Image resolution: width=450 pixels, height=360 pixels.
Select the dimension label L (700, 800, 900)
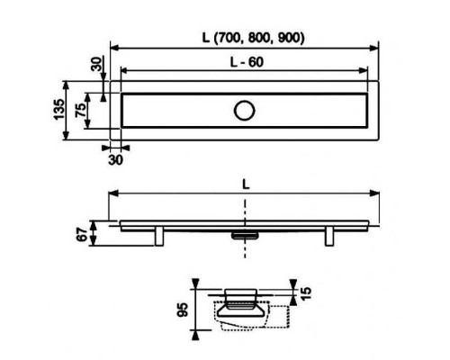pyautogui.click(x=253, y=38)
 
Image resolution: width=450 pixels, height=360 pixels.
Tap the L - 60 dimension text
pyautogui.click(x=247, y=62)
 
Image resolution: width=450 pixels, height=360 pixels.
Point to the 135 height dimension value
pyautogui.click(x=59, y=109)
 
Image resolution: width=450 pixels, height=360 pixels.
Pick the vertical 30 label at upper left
pyautogui.click(x=96, y=64)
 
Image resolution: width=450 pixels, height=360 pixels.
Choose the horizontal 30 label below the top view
pyautogui.click(x=115, y=160)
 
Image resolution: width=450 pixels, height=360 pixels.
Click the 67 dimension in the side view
pyautogui.click(x=82, y=234)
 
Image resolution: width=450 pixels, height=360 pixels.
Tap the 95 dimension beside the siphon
pyautogui.click(x=183, y=310)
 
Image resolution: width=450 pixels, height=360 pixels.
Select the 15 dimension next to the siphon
pyautogui.click(x=306, y=293)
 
